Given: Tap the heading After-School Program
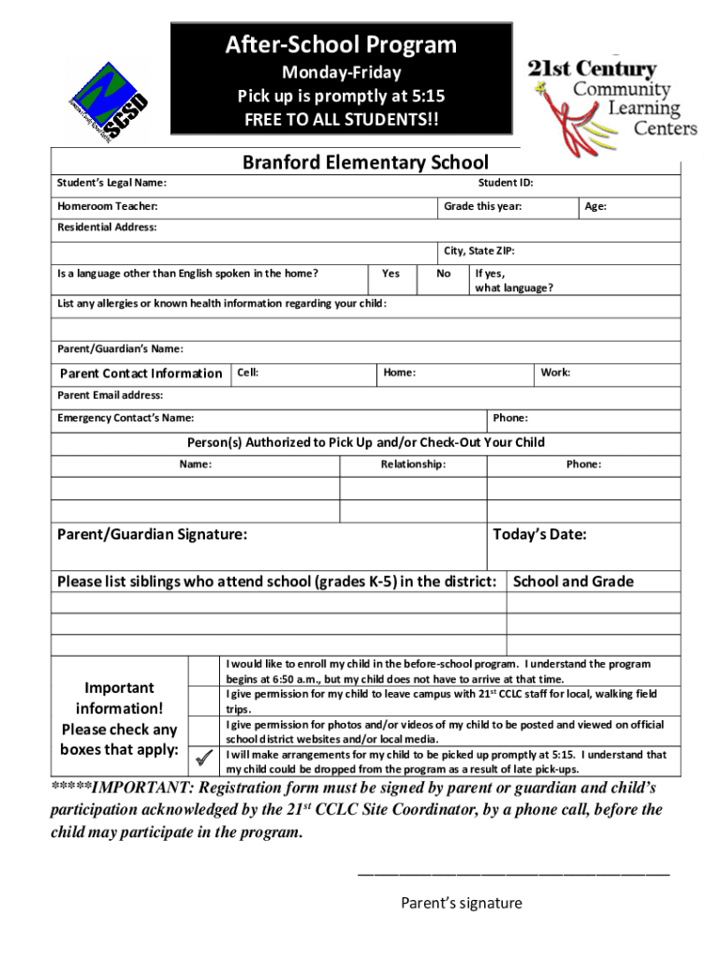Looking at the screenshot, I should click(x=340, y=45).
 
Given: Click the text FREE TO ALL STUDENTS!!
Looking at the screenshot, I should click(x=340, y=120).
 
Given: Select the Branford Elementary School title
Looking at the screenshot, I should click(x=365, y=163).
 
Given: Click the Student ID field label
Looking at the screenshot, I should click(x=505, y=184).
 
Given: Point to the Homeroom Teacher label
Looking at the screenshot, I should click(x=108, y=206).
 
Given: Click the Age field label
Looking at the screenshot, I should click(x=596, y=206).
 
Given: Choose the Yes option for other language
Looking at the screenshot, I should click(x=390, y=273).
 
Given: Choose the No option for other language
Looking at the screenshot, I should click(x=444, y=273).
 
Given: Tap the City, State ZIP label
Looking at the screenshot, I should click(x=478, y=251).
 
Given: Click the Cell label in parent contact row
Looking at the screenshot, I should click(x=248, y=373).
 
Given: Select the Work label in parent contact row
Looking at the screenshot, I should click(x=555, y=373).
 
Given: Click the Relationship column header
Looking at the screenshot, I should click(x=413, y=465).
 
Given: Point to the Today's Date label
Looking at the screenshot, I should click(x=539, y=535).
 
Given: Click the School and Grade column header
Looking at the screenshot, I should click(x=573, y=582).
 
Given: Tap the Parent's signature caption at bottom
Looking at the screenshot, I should click(x=462, y=903).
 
